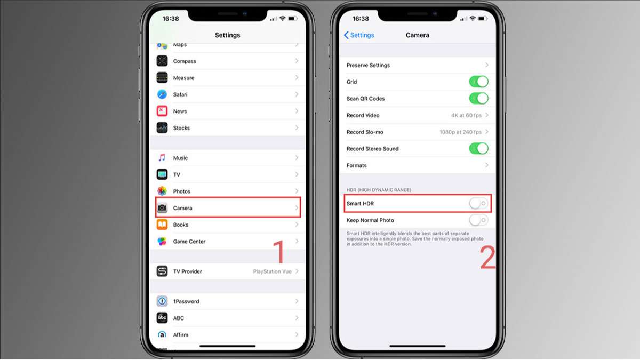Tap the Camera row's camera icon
(x=162, y=207)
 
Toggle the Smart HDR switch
(x=478, y=203)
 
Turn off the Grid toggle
(x=478, y=82)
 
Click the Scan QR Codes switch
(x=478, y=99)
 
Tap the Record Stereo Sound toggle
(x=478, y=149)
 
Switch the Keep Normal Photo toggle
(x=478, y=220)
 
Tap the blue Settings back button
(x=359, y=35)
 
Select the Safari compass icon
(x=162, y=94)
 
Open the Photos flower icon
(x=162, y=191)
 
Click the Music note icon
(x=162, y=158)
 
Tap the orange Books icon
(x=162, y=225)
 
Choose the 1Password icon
(x=162, y=301)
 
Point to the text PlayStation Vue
(x=272, y=271)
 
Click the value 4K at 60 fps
(x=466, y=115)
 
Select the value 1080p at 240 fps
(x=460, y=132)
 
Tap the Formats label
(x=357, y=165)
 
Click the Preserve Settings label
(x=368, y=65)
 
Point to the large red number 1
(x=279, y=251)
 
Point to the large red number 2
(x=487, y=258)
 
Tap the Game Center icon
(x=162, y=241)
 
